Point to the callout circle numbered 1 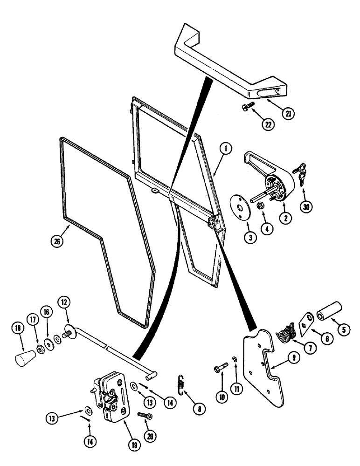click(225, 149)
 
